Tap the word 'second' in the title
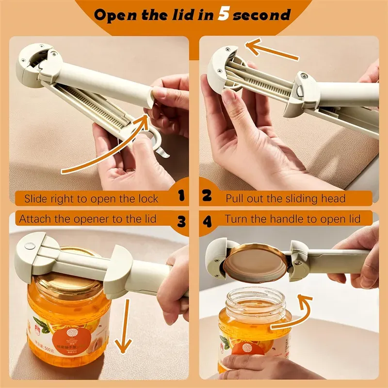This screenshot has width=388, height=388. point(262,15)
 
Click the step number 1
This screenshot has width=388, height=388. point(181,196)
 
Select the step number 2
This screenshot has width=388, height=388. point(207,196)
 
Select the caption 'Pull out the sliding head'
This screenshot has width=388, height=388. point(286,198)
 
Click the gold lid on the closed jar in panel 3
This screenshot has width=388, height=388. point(73,281)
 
